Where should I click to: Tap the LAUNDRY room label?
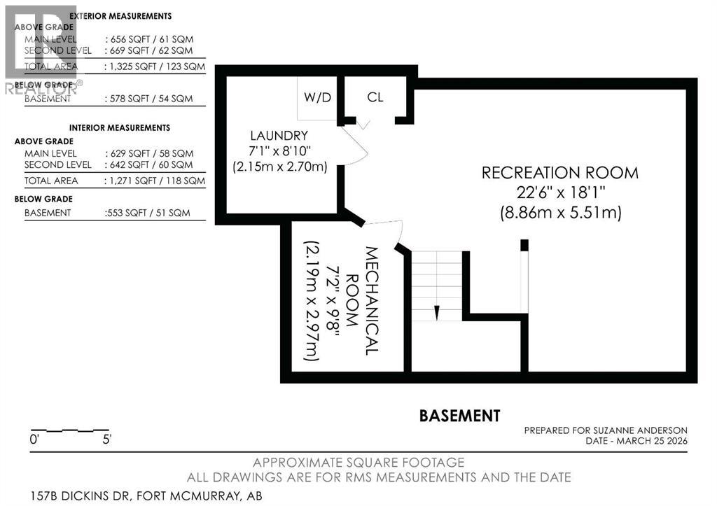(x=279, y=135)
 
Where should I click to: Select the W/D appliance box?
(x=317, y=98)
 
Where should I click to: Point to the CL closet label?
(x=375, y=97)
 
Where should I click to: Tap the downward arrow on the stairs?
(x=436, y=311)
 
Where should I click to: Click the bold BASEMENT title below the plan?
(x=459, y=416)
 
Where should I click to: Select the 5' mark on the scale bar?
(x=106, y=440)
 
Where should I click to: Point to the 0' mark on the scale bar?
(x=34, y=440)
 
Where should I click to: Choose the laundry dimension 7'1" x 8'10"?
(x=279, y=151)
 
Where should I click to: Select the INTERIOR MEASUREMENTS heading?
(x=120, y=128)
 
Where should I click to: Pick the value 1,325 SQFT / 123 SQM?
(x=155, y=67)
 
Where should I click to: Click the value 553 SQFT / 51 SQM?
(x=148, y=213)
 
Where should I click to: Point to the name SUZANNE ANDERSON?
(x=643, y=430)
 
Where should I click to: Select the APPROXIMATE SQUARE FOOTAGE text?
(x=358, y=463)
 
